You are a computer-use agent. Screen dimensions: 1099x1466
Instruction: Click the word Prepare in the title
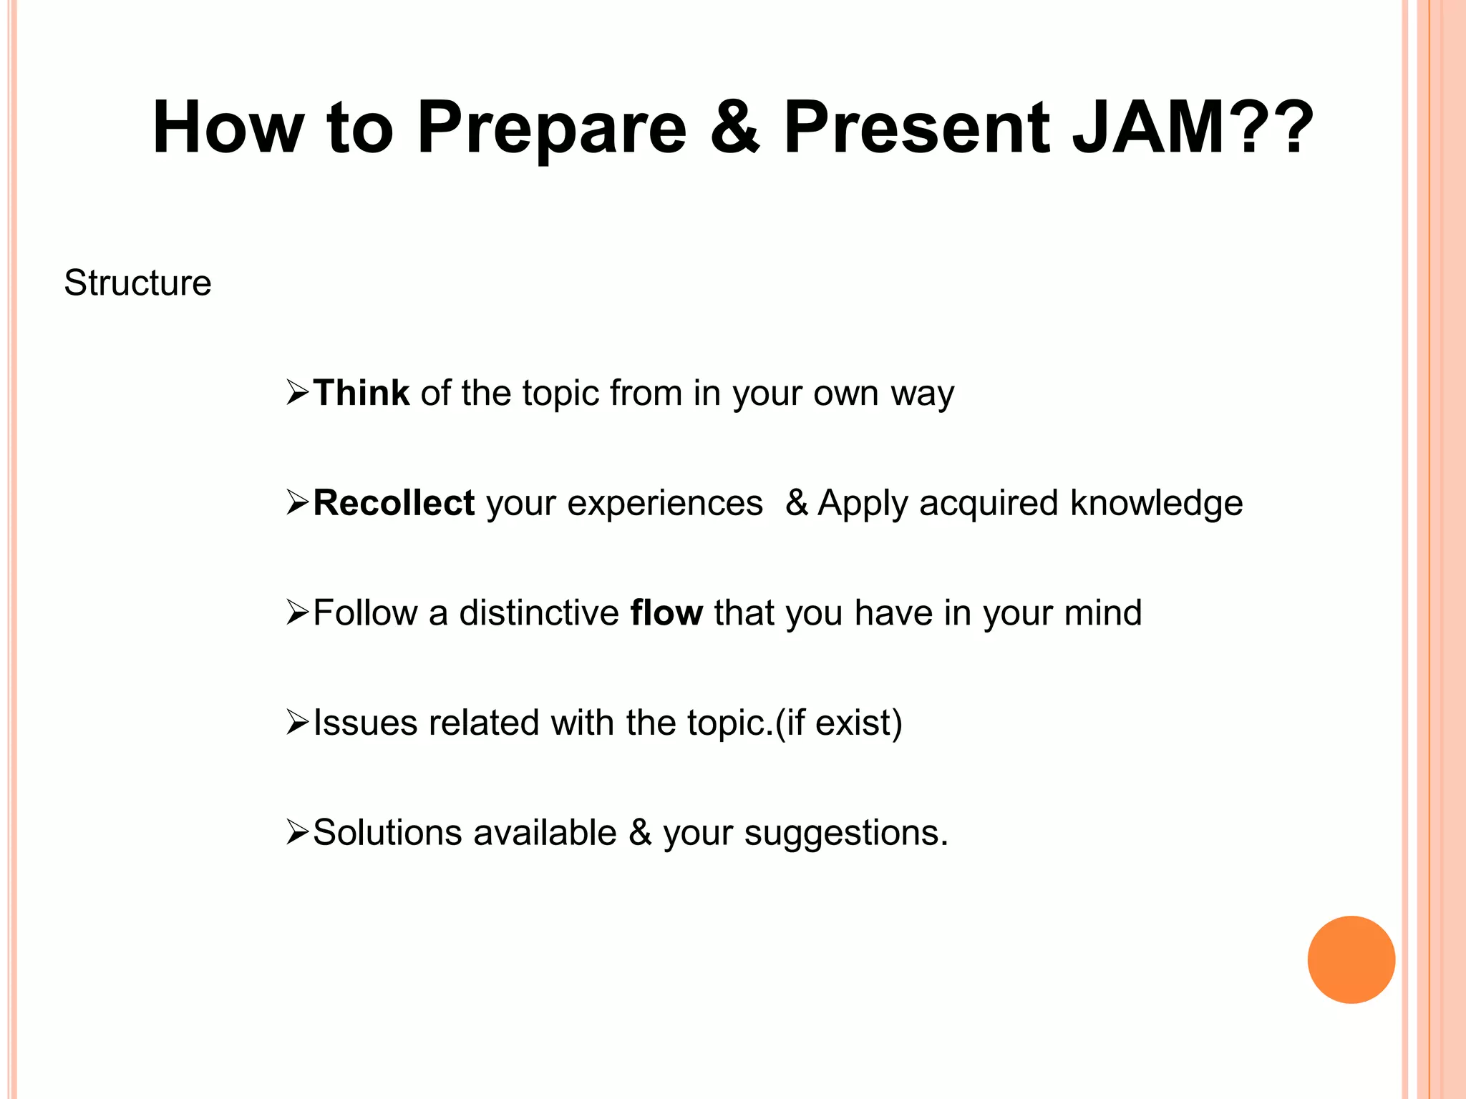pos(551,129)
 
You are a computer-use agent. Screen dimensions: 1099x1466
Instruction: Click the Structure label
pos(137,283)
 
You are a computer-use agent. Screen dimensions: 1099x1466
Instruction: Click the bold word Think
pos(361,393)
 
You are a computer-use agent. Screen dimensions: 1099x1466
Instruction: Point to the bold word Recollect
pos(394,503)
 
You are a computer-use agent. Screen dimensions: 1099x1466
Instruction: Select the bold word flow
pos(666,613)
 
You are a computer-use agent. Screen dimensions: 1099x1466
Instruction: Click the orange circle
pos(1351,959)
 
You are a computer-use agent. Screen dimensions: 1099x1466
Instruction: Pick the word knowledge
pos(1156,503)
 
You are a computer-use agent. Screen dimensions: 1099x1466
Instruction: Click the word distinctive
pos(538,613)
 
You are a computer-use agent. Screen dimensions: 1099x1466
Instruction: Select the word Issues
pos(365,723)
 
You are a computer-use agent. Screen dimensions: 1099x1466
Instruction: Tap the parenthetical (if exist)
pos(838,723)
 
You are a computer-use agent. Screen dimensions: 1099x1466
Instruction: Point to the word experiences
pos(664,504)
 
